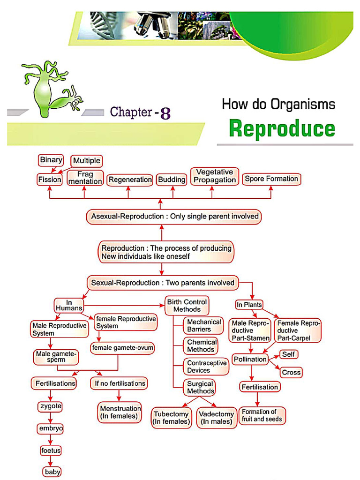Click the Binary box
click(51, 160)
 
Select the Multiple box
click(86, 161)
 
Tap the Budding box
click(172, 180)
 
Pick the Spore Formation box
click(271, 179)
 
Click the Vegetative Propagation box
click(215, 176)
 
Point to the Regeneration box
click(130, 180)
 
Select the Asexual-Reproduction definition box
click(174, 217)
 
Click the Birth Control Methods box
click(187, 306)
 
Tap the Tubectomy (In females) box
click(171, 418)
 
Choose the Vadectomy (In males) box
click(216, 418)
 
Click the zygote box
click(50, 406)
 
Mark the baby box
click(52, 472)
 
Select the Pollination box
click(250, 360)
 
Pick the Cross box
click(291, 373)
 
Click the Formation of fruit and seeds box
click(262, 415)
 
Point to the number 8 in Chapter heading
click(165, 113)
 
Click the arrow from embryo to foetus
click(50, 440)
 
